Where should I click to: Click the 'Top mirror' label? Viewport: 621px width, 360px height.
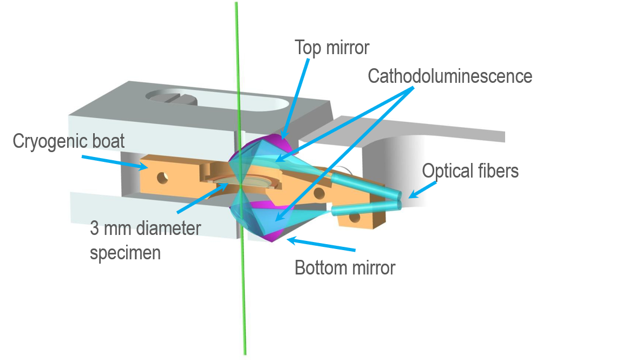(x=332, y=48)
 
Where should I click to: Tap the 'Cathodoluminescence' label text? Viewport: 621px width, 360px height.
(x=450, y=76)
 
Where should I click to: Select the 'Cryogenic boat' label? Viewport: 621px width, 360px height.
(x=69, y=141)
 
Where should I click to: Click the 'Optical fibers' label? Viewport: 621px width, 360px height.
(x=470, y=171)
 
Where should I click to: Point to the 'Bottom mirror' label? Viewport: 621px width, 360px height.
(x=345, y=268)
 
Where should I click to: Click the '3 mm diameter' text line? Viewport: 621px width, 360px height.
(x=145, y=228)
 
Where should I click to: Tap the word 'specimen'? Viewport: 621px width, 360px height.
(x=125, y=253)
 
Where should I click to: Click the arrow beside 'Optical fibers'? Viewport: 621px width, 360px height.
(x=422, y=189)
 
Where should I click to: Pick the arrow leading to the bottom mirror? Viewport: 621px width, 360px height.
(x=321, y=244)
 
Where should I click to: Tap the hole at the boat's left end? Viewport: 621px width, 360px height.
(x=162, y=178)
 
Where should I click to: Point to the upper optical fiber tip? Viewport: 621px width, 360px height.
(x=398, y=194)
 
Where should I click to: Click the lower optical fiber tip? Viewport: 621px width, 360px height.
(x=398, y=205)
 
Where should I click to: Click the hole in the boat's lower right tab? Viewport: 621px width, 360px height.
(x=355, y=217)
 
